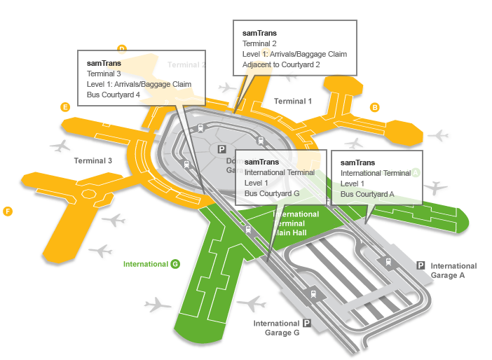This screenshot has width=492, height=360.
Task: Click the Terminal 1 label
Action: pyautogui.click(x=293, y=102)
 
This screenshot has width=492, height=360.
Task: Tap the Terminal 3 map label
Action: pyautogui.click(x=93, y=161)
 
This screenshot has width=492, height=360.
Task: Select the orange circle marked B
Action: pyautogui.click(x=375, y=107)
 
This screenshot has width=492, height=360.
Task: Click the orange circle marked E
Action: pyautogui.click(x=65, y=107)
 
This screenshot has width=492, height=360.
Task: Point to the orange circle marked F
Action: pyautogui.click(x=8, y=211)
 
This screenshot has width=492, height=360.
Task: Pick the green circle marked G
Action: pyautogui.click(x=175, y=264)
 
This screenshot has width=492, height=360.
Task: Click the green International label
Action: pyautogui.click(x=145, y=264)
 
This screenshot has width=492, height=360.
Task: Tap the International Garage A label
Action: pyautogui.click(x=453, y=270)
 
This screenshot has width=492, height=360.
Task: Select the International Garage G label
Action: pyautogui.click(x=277, y=328)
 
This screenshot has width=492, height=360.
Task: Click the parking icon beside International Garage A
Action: pyautogui.click(x=421, y=265)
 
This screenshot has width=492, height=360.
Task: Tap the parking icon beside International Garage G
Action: pyautogui.click(x=307, y=323)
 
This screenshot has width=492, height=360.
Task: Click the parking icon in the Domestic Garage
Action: pyautogui.click(x=222, y=149)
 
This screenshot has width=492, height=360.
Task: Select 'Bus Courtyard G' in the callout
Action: pyautogui.click(x=272, y=193)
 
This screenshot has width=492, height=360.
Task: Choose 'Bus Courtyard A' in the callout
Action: pyautogui.click(x=367, y=194)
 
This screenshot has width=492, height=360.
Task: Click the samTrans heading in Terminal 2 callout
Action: pyautogui.click(x=259, y=33)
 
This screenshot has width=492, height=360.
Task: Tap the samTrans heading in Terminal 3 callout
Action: pyautogui.click(x=104, y=62)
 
